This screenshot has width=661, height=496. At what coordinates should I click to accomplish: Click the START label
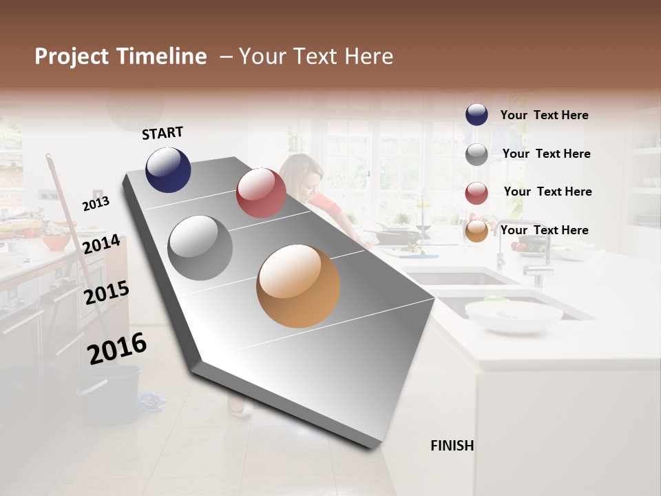click(x=162, y=133)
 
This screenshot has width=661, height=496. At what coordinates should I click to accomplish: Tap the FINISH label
click(x=452, y=446)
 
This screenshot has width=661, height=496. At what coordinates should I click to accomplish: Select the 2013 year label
click(x=96, y=203)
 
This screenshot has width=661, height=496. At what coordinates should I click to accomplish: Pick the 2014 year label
click(x=101, y=244)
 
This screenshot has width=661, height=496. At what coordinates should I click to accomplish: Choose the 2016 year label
click(x=117, y=348)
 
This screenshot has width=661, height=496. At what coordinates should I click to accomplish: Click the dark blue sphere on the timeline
click(x=168, y=169)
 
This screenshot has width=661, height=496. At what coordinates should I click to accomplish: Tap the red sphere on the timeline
click(x=261, y=192)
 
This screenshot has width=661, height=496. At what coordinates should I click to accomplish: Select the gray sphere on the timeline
click(x=200, y=247)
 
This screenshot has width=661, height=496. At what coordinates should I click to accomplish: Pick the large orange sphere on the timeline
click(x=298, y=286)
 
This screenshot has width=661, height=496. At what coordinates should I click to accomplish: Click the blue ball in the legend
click(x=476, y=115)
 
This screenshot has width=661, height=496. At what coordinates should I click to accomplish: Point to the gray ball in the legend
click(x=476, y=154)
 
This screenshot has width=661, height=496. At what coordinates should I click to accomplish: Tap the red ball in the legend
click(x=476, y=193)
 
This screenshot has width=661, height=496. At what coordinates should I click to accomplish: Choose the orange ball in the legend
click(x=476, y=231)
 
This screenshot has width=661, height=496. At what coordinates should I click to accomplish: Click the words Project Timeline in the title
click(x=120, y=56)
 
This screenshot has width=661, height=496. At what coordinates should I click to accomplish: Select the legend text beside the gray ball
click(x=547, y=154)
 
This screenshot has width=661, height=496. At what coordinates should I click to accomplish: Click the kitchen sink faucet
click(x=537, y=262)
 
